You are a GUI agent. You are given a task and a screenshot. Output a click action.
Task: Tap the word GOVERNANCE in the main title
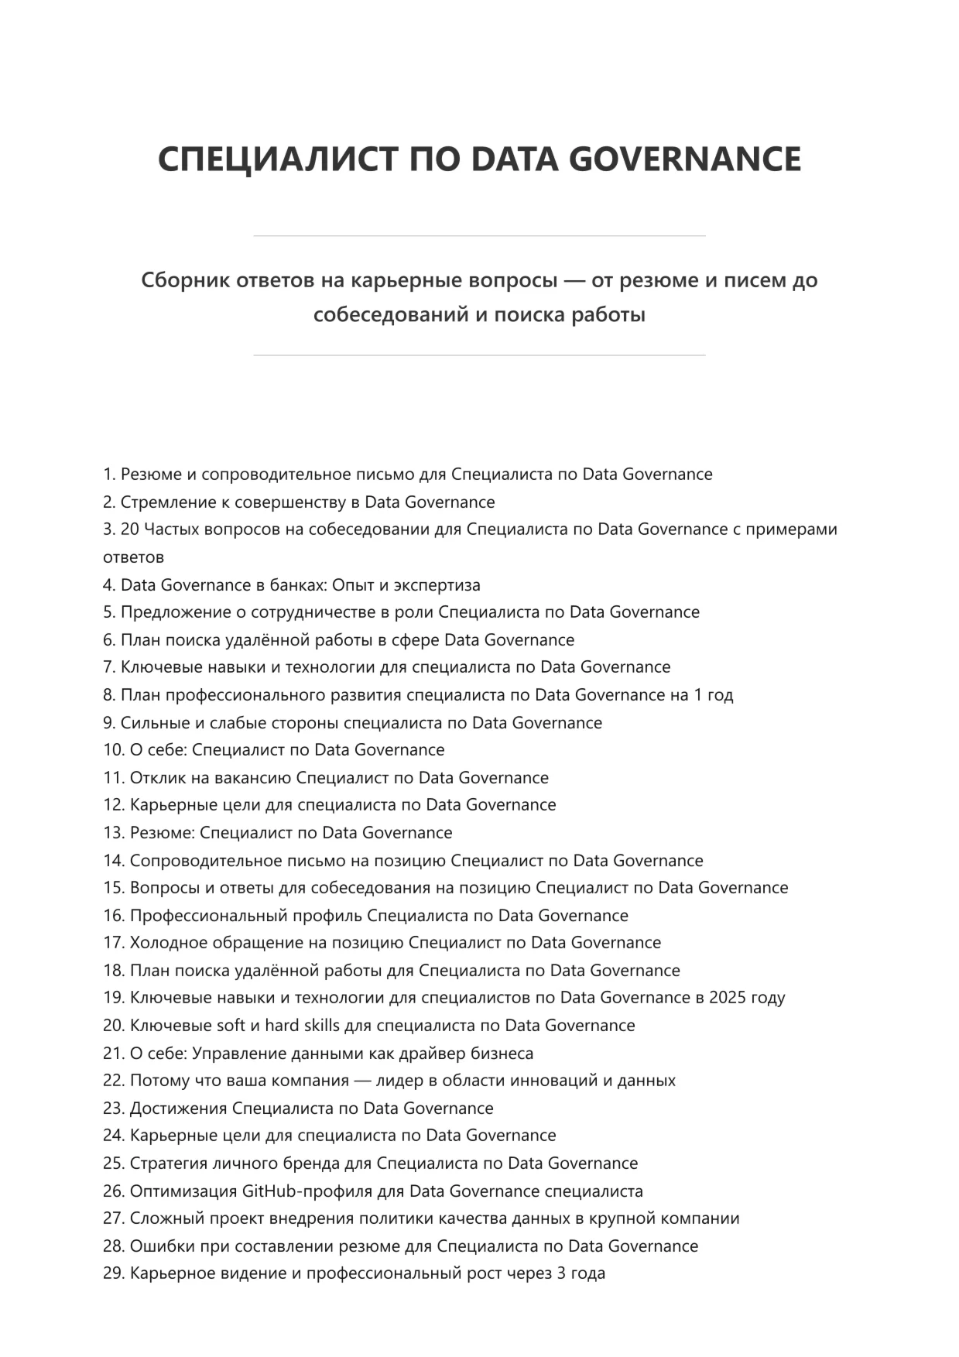click(x=685, y=159)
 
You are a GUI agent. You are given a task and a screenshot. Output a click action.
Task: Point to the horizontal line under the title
click(x=479, y=235)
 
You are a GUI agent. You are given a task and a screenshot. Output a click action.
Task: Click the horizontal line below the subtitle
click(x=479, y=355)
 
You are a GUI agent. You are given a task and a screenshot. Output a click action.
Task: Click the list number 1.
click(x=108, y=475)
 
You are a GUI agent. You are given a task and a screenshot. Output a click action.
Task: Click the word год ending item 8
click(x=720, y=695)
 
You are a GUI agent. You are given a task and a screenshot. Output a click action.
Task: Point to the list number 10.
click(x=113, y=750)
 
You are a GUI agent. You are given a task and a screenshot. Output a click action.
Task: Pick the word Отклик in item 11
click(x=158, y=778)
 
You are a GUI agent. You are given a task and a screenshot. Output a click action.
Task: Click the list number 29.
click(x=113, y=1273)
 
